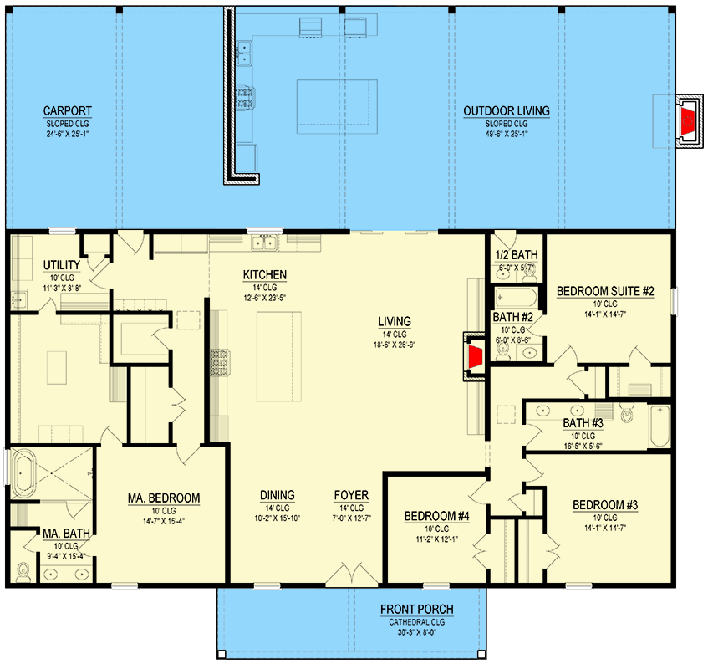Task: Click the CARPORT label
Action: pyautogui.click(x=67, y=111)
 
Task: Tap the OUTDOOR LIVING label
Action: pyautogui.click(x=507, y=111)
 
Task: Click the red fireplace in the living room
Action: pyautogui.click(x=475, y=356)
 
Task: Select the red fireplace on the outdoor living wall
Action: pyautogui.click(x=688, y=121)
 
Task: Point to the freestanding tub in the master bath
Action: pyautogui.click(x=23, y=474)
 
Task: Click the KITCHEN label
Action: pyautogui.click(x=265, y=274)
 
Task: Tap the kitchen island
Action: pyautogui.click(x=279, y=356)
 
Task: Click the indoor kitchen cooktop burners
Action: pyautogui.click(x=220, y=362)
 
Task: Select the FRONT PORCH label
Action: pyautogui.click(x=417, y=610)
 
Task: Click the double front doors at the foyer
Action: pyautogui.click(x=352, y=575)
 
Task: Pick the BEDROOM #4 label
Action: pyautogui.click(x=436, y=516)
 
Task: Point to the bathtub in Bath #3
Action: pyautogui.click(x=660, y=426)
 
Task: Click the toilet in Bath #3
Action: pyautogui.click(x=627, y=413)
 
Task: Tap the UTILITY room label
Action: pyautogui.click(x=61, y=265)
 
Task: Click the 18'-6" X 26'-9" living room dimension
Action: pyautogui.click(x=395, y=345)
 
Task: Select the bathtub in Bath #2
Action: pyautogui.click(x=515, y=298)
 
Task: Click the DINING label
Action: pyautogui.click(x=278, y=495)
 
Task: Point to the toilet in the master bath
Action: pyautogui.click(x=23, y=571)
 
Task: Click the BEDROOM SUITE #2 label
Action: pyautogui.click(x=605, y=291)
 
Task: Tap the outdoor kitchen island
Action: pyautogui.click(x=337, y=106)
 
